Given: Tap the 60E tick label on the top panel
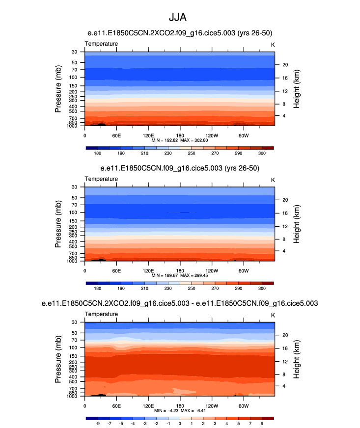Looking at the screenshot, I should (x=116, y=135).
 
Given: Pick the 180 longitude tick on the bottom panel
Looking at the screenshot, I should (x=180, y=405).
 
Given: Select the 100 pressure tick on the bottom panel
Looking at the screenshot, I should (x=74, y=348).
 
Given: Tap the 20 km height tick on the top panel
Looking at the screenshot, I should (x=283, y=65).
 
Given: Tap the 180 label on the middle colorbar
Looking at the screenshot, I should (x=98, y=289).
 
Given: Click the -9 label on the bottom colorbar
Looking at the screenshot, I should (x=98, y=424).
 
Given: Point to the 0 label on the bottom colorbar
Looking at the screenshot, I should (x=180, y=424).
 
